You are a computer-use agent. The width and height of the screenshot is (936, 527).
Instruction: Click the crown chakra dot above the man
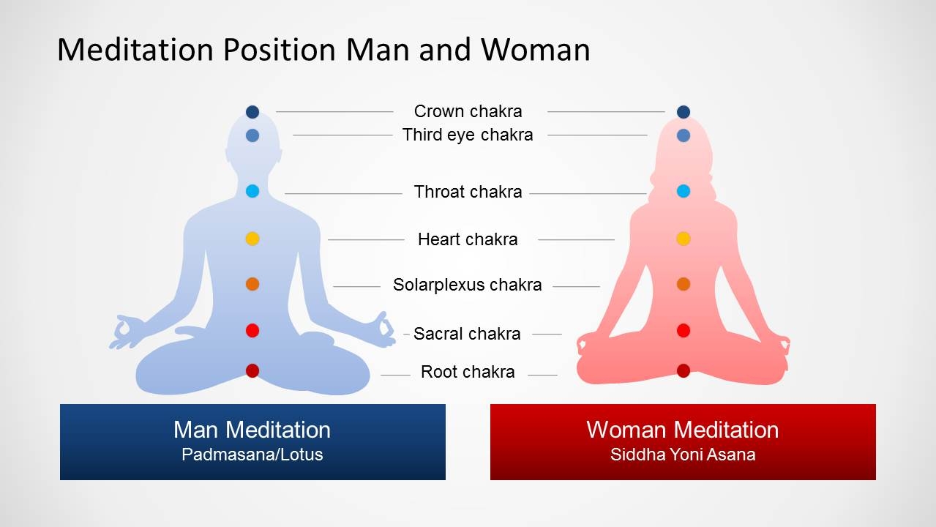click(x=252, y=112)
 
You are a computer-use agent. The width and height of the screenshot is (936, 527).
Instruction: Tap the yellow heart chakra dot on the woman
click(x=684, y=239)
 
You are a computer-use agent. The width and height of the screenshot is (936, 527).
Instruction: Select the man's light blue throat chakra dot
click(x=252, y=191)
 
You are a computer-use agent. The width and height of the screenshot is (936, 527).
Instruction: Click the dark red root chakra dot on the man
click(x=252, y=371)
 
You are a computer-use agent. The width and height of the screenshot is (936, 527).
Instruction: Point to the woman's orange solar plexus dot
click(x=684, y=284)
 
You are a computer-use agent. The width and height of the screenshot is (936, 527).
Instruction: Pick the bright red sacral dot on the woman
click(x=684, y=330)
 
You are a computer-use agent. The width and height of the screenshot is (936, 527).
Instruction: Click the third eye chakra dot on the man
click(x=252, y=135)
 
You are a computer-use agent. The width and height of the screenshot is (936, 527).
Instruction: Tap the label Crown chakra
click(x=468, y=111)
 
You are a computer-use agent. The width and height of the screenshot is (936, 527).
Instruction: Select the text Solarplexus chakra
click(x=467, y=285)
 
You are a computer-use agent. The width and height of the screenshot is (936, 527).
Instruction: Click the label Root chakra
click(x=468, y=372)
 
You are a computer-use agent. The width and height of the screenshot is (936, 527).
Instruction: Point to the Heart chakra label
click(x=468, y=239)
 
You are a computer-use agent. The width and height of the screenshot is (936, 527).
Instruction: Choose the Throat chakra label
click(x=468, y=192)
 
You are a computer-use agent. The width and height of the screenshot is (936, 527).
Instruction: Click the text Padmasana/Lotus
click(x=252, y=455)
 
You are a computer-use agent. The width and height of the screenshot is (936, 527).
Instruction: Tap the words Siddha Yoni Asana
click(x=683, y=455)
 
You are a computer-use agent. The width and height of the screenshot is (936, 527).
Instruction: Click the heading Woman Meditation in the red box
click(x=683, y=429)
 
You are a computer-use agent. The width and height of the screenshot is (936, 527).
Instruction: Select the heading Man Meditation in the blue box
click(x=252, y=429)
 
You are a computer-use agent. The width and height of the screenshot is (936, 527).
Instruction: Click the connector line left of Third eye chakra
click(x=342, y=135)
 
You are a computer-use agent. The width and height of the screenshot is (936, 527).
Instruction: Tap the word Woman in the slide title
click(x=535, y=50)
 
